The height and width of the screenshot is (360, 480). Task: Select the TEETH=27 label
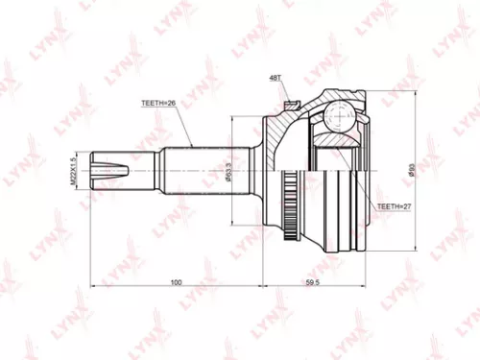pos(393,206)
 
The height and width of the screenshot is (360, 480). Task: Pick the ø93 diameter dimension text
pos(411,170)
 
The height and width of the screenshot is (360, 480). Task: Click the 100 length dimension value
pos(176,282)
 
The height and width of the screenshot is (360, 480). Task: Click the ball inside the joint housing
pos(338,116)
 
